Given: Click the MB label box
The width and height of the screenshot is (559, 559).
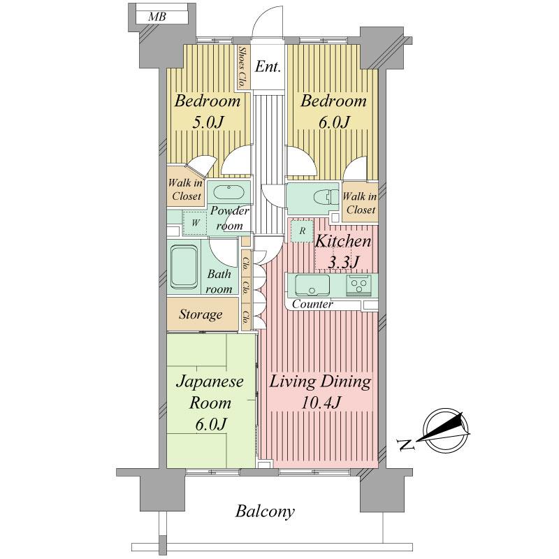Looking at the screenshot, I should [x=157, y=17].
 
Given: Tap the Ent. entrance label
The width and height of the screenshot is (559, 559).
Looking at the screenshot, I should [x=268, y=68].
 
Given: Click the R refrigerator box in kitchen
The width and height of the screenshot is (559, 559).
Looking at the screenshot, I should [x=301, y=231].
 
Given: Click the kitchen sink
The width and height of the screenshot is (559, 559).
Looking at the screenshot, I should [x=312, y=285].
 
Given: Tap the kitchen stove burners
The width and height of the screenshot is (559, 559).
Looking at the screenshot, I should [x=359, y=284].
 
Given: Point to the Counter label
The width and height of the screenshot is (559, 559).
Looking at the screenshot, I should [x=312, y=305].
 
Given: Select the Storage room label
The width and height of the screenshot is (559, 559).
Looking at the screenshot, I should [x=201, y=314].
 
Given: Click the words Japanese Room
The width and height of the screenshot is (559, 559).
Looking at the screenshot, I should [x=209, y=393].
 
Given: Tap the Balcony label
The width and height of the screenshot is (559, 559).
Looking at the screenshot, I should [x=265, y=511].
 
